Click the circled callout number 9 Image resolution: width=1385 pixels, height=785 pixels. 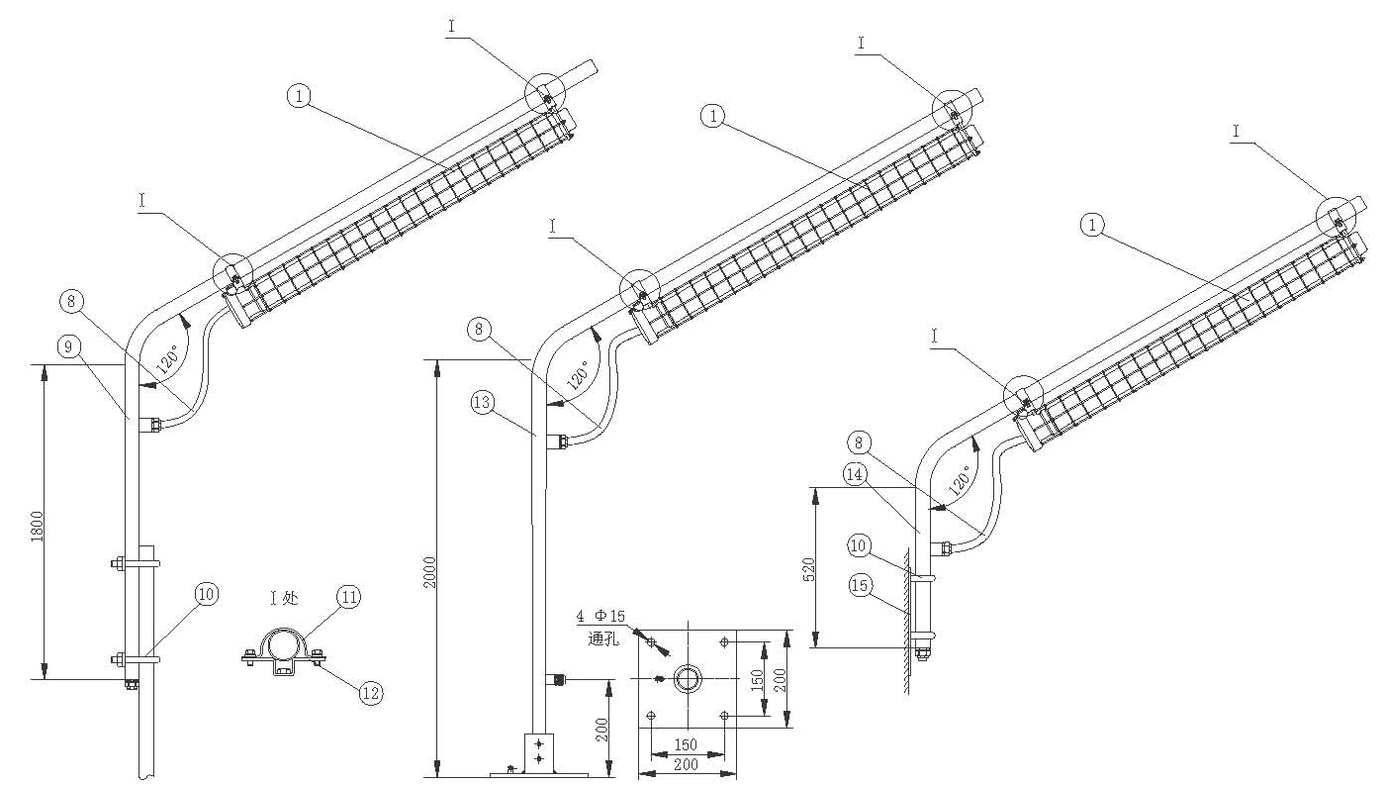coord(68,346)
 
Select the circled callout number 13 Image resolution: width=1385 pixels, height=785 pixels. coord(482,403)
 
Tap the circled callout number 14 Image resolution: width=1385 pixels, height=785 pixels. coord(855,475)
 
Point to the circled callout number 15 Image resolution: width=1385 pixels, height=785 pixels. coord(860,585)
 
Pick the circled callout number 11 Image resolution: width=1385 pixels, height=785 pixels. coord(348,597)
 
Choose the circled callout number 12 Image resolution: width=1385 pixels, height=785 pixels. coord(370,693)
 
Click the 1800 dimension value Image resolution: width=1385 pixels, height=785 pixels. coord(38,527)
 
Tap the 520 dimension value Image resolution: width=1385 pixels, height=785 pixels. coord(808,569)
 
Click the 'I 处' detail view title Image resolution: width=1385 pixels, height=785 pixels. coord(284,598)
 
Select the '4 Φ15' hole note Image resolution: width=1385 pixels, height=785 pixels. coord(600,616)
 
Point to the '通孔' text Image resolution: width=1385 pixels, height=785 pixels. coord(602,638)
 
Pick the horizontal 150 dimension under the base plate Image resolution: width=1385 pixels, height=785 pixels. coord(686,744)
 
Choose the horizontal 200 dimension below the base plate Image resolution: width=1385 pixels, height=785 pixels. coord(686,764)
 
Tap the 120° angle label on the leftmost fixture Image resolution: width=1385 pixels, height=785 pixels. coord(167,359)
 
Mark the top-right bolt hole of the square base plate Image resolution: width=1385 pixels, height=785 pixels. coord(724,642)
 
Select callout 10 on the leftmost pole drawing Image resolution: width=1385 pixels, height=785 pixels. coord(206,595)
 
